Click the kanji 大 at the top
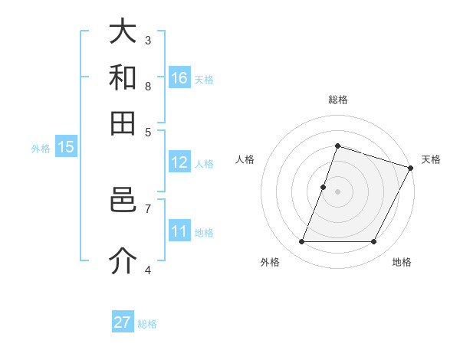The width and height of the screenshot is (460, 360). (123, 32)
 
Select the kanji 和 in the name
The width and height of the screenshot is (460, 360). (123, 78)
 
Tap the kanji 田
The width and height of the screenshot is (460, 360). (123, 123)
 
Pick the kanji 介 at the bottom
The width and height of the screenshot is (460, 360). (123, 260)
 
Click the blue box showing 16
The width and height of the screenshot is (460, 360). (179, 78)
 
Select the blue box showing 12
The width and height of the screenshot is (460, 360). (179, 162)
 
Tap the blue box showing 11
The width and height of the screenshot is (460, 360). (179, 231)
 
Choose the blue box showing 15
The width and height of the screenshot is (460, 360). (66, 148)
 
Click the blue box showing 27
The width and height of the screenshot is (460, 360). (123, 322)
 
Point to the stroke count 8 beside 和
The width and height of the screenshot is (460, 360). (148, 86)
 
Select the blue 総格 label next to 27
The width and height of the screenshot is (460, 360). (147, 324)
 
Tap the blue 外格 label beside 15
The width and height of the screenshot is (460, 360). (41, 149)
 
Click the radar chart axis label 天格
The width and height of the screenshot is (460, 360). (431, 159)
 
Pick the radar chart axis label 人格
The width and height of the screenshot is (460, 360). (245, 159)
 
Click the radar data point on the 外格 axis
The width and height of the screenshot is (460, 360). (301, 242)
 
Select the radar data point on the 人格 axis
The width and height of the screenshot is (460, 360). (324, 187)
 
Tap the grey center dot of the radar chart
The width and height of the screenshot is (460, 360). (337, 191)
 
